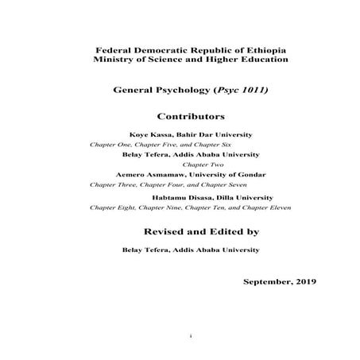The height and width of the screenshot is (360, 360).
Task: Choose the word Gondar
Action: tap(252, 174)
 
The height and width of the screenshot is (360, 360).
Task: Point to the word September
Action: tap(269, 281)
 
